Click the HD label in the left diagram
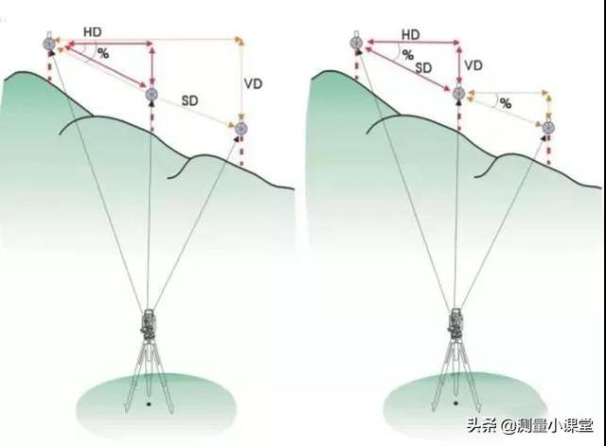(x=93, y=32)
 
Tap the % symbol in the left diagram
(x=102, y=54)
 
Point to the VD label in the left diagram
(x=253, y=83)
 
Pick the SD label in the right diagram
(x=424, y=68)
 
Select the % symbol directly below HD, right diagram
(x=407, y=55)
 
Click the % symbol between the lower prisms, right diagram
(x=505, y=102)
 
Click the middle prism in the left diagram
(x=151, y=93)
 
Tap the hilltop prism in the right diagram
(x=356, y=42)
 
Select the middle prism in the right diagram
(x=458, y=93)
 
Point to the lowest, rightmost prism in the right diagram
(x=547, y=127)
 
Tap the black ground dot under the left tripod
(x=149, y=405)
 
